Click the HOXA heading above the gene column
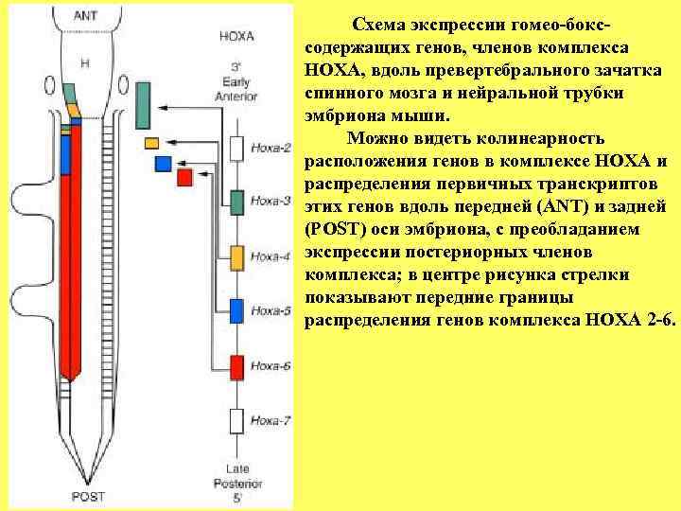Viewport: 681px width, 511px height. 236,37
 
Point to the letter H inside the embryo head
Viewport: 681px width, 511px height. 85,63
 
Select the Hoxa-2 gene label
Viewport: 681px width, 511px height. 273,149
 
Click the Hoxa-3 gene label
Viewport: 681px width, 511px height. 273,202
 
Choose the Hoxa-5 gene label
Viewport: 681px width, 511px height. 273,310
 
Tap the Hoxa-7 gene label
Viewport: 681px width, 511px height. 273,420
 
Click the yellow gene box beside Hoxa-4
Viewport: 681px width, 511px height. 237,256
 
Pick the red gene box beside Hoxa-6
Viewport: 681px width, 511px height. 237,365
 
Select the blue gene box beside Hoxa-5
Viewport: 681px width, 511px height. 237,310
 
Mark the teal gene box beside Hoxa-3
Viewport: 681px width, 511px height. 237,202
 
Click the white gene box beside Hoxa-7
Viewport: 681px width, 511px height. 237,420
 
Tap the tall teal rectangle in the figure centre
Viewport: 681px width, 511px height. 144,104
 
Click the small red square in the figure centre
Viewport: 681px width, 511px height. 184,177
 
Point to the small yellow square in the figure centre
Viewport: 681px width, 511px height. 151,143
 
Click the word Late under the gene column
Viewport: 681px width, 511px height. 237,467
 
